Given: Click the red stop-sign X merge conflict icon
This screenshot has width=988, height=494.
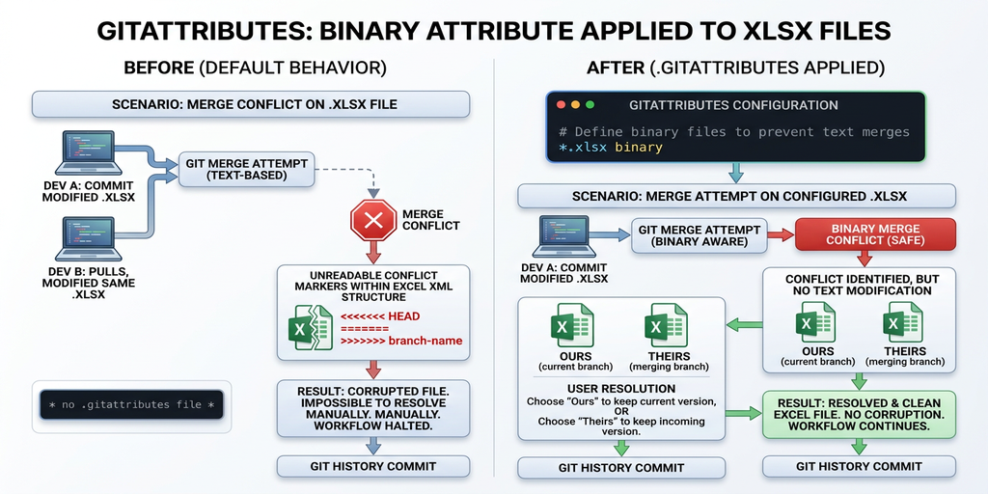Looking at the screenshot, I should coord(373,220).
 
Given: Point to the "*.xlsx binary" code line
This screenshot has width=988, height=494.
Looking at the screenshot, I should coord(611,148).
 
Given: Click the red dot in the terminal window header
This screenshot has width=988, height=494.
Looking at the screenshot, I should coord(561,104).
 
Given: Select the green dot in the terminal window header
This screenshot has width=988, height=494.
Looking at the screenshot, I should coord(590,104).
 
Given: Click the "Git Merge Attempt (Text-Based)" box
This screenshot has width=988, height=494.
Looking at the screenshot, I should coord(233,170).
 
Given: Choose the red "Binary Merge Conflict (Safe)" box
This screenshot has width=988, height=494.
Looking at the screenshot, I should coord(875,234).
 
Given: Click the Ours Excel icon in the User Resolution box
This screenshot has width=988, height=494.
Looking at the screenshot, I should coord(574,325).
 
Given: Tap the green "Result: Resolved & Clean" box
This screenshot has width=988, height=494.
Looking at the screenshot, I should coord(858,413).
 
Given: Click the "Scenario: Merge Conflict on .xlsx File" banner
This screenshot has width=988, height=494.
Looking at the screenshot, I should coord(251,104).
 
